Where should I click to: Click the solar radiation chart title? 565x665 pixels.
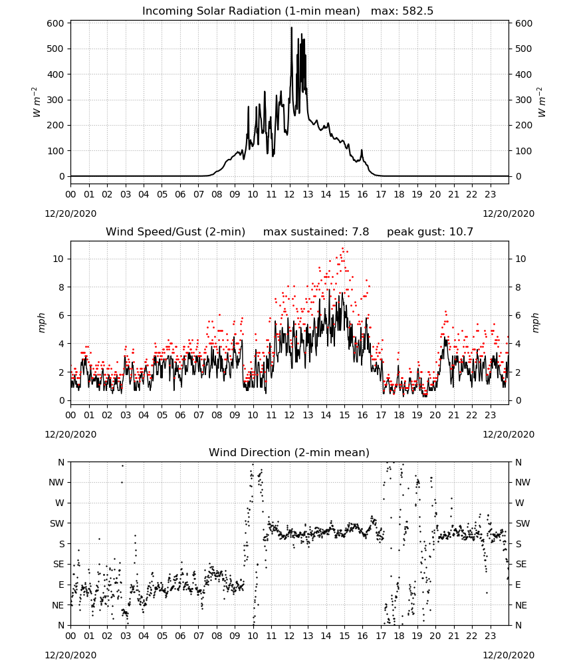[x=251, y=11]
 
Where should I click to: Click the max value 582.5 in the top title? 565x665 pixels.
[x=417, y=11]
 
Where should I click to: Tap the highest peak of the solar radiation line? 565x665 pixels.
[x=291, y=28]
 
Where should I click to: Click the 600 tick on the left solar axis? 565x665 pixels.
[x=56, y=23]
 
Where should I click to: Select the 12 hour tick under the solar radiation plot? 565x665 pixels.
[x=290, y=194]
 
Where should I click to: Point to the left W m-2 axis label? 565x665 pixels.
[x=36, y=102]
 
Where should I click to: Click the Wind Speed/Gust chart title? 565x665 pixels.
[x=175, y=232]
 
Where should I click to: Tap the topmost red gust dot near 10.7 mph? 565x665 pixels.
[x=343, y=249]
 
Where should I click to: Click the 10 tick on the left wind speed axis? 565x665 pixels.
[x=59, y=259]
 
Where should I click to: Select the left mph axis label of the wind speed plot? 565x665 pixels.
[x=41, y=323]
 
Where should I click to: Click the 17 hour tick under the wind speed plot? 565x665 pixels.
[x=381, y=415]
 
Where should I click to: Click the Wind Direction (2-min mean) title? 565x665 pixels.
[x=289, y=452]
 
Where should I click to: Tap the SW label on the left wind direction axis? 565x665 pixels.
[x=57, y=523]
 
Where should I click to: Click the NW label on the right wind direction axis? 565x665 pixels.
[x=522, y=482]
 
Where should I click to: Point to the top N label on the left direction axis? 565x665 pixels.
[x=61, y=462]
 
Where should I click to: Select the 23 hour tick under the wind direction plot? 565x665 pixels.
[x=490, y=636]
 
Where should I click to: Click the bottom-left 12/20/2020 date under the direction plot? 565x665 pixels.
[x=70, y=655]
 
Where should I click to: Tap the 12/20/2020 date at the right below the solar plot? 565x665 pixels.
[x=508, y=213]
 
